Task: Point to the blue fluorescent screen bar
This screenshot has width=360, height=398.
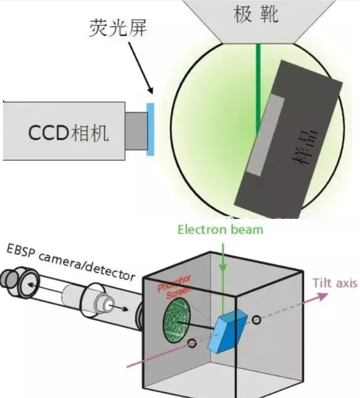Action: tap(150, 129)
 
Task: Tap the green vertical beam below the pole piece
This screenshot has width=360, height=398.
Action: tap(258, 85)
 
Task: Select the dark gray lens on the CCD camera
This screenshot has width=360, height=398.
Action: tap(136, 130)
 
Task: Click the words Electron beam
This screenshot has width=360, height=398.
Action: tap(220, 230)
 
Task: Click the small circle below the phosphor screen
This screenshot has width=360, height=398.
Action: tap(193, 344)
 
